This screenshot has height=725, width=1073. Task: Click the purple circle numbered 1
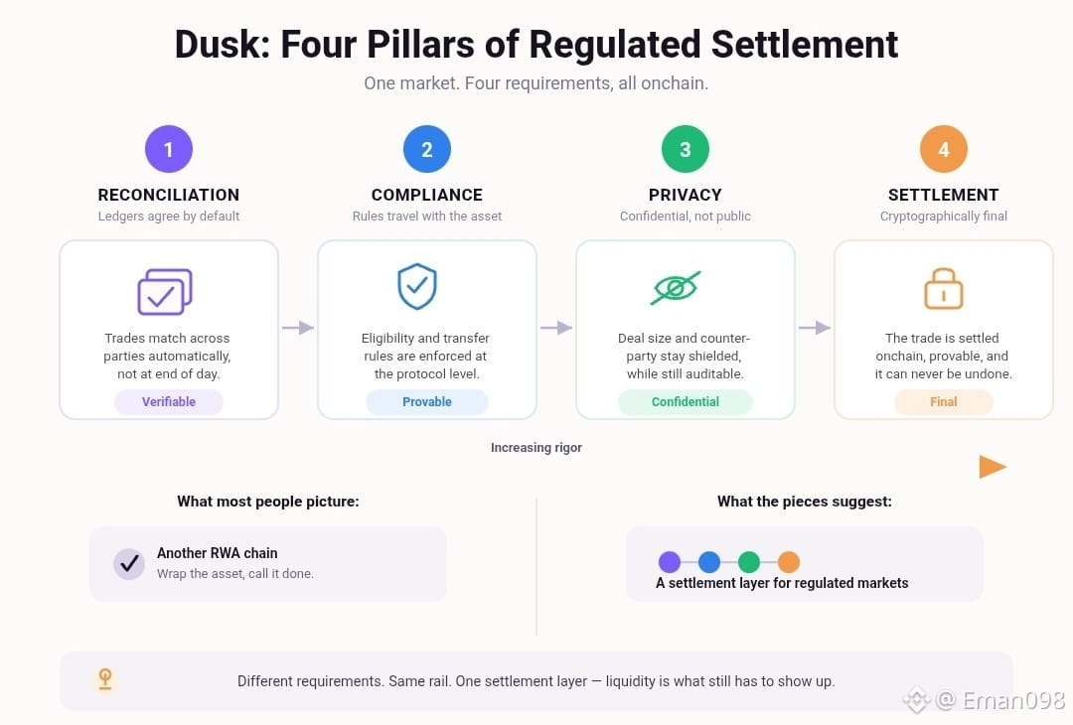(x=168, y=149)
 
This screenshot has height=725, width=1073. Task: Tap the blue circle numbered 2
(x=427, y=149)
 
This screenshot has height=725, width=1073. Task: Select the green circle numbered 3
(x=685, y=149)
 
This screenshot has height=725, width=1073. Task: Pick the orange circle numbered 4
(x=944, y=149)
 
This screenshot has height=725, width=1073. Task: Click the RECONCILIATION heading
(x=168, y=195)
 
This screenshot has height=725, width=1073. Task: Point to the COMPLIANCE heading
(x=427, y=195)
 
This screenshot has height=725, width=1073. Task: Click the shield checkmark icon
(x=417, y=287)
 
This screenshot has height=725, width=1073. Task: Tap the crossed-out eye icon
(x=676, y=288)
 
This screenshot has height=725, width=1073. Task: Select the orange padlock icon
(x=944, y=288)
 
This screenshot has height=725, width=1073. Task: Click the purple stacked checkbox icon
(x=165, y=292)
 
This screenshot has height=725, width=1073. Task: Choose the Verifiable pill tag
(x=168, y=402)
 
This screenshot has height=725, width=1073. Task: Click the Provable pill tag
(x=427, y=402)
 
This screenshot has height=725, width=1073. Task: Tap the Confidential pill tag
(x=685, y=402)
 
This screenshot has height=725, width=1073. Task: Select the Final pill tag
(x=944, y=402)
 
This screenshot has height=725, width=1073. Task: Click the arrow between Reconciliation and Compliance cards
(x=298, y=328)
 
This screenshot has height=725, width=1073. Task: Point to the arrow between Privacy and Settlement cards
(x=815, y=328)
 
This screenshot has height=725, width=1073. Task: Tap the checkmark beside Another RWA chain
(x=128, y=564)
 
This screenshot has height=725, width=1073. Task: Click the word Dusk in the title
(x=222, y=45)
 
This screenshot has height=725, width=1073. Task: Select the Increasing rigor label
(x=536, y=447)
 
